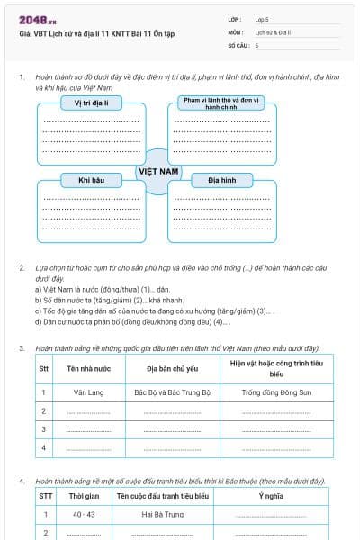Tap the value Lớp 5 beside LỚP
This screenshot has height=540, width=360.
(262, 19)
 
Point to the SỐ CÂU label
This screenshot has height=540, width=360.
(238, 44)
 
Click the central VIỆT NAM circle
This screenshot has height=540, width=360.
(158, 170)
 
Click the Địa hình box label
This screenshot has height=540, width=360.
(220, 180)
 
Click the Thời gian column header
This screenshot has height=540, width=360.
(84, 495)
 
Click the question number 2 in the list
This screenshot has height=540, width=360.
(22, 268)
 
